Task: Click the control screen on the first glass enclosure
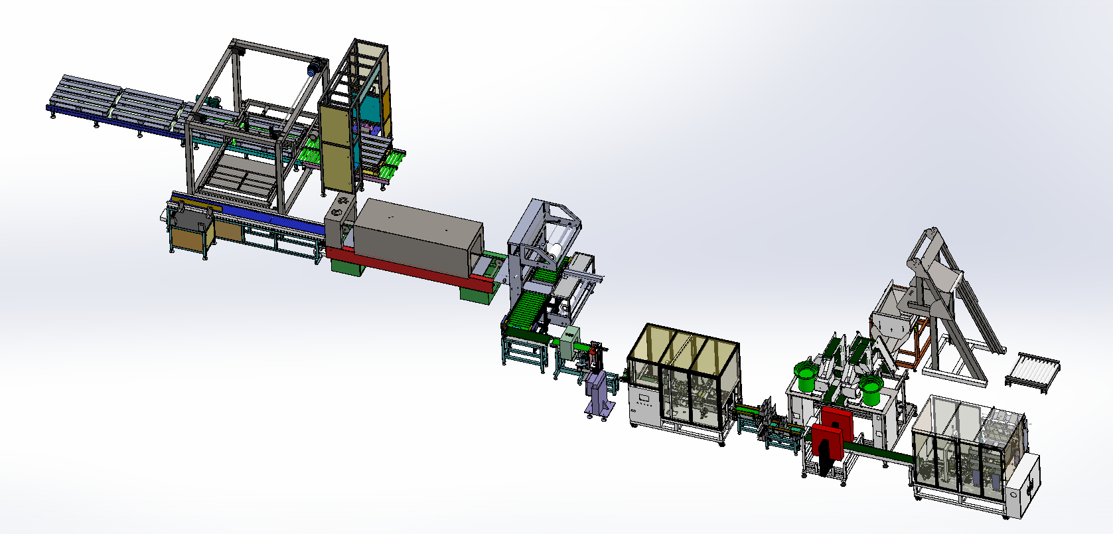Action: (x=643, y=399)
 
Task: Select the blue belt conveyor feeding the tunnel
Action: (x=272, y=219)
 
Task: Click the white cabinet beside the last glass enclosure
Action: (x=1022, y=485)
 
